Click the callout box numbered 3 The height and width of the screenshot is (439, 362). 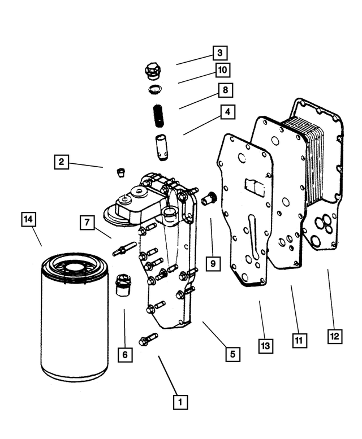(x=219, y=53)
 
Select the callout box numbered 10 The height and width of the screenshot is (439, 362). (x=223, y=69)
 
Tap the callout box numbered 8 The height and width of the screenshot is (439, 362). (x=225, y=90)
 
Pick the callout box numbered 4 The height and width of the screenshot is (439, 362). (x=227, y=112)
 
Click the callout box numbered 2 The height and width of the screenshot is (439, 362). (x=62, y=162)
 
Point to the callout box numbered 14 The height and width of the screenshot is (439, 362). (x=28, y=219)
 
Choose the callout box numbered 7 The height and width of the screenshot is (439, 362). (x=87, y=223)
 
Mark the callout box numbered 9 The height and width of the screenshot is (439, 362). (x=213, y=263)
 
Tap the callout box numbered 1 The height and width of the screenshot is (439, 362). (x=180, y=402)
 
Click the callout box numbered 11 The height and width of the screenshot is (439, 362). (x=300, y=340)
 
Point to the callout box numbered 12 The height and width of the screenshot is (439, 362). (x=335, y=336)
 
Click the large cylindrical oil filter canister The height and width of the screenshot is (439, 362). (x=75, y=319)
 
